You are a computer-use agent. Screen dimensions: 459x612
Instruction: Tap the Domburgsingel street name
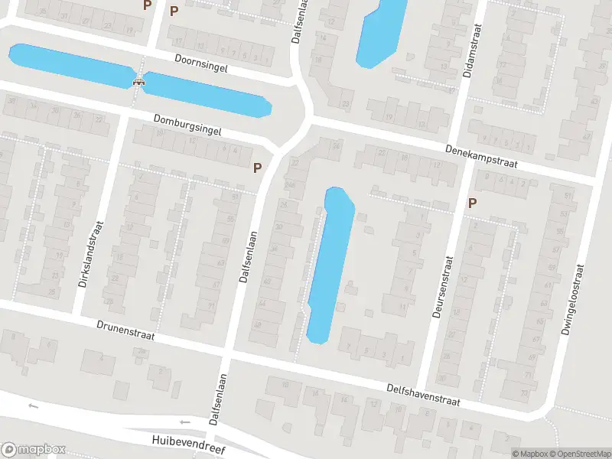(x=187, y=125)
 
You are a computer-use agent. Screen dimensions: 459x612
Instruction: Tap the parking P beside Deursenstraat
(x=473, y=203)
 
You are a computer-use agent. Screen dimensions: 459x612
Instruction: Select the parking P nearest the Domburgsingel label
(x=258, y=167)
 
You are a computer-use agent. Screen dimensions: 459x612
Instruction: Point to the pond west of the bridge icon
(x=69, y=63)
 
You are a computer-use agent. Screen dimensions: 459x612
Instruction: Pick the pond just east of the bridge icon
(x=207, y=94)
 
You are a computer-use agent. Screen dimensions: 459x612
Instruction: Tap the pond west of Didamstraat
(x=380, y=31)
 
